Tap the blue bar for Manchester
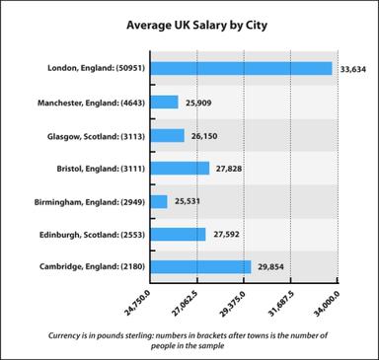click(x=165, y=102)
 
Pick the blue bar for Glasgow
click(x=168, y=135)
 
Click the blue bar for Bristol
click(x=181, y=169)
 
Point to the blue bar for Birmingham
click(x=160, y=201)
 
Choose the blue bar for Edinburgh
click(x=179, y=235)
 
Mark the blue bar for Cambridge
click(x=201, y=267)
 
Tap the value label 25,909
click(x=198, y=103)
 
